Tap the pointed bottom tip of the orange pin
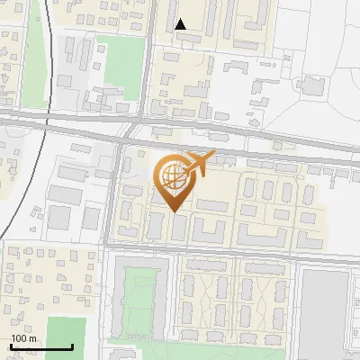(172, 211)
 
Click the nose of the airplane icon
(212, 155)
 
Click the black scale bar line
(40, 346)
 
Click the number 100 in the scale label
(20, 338)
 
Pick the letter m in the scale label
(32, 338)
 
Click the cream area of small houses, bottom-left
(45, 279)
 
